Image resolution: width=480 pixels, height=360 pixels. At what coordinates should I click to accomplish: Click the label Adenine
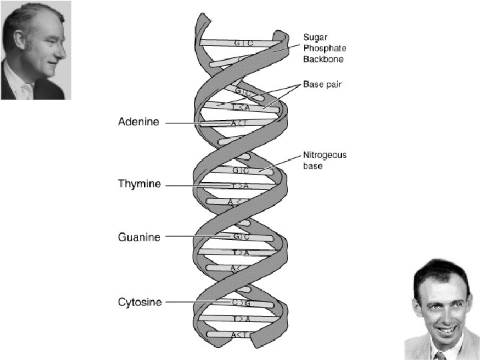pyautogui.click(x=139, y=122)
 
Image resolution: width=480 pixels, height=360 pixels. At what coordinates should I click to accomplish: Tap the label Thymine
pyautogui.click(x=139, y=184)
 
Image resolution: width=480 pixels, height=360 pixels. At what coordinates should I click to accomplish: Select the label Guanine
pyautogui.click(x=139, y=237)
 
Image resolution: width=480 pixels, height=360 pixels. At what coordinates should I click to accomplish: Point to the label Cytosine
pyautogui.click(x=140, y=302)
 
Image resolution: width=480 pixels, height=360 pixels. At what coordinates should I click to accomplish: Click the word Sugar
pyautogui.click(x=315, y=37)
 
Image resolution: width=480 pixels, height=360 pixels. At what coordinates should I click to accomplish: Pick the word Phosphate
pyautogui.click(x=325, y=48)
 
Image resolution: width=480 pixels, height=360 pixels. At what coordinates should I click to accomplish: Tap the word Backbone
pyautogui.click(x=323, y=59)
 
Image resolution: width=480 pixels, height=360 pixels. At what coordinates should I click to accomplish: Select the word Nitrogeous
pyautogui.click(x=325, y=155)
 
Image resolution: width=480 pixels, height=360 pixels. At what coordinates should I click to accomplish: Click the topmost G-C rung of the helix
pyautogui.click(x=243, y=43)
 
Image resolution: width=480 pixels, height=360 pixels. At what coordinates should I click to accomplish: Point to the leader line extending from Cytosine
pyautogui.click(x=193, y=302)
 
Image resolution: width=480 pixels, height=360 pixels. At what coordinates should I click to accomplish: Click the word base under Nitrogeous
pyautogui.click(x=313, y=165)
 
